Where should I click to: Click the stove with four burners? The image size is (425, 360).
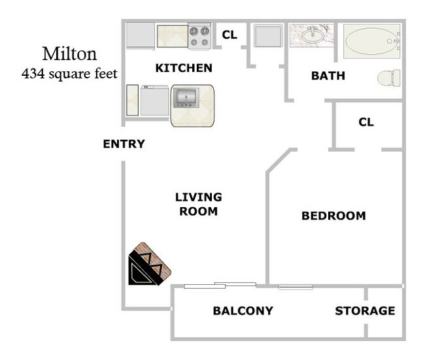click(x=199, y=36)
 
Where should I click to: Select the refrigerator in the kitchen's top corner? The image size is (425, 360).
click(x=139, y=35)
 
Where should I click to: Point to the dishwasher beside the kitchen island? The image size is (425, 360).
click(x=155, y=101)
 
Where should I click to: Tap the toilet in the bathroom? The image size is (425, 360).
click(x=389, y=78)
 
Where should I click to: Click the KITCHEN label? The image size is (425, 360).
click(x=183, y=68)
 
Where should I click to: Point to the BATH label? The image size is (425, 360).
click(x=328, y=76)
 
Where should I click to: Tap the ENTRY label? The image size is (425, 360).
click(x=124, y=144)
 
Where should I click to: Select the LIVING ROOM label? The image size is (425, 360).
click(x=198, y=204)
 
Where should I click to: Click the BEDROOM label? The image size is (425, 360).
click(x=333, y=216)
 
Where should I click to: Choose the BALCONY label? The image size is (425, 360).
click(x=243, y=311)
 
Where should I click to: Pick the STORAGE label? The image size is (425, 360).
click(x=365, y=311)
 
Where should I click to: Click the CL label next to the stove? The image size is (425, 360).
click(x=229, y=35)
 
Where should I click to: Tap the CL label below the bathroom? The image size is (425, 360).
click(x=366, y=122)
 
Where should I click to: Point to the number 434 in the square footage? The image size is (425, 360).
click(x=33, y=73)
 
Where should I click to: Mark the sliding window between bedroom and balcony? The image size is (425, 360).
click(x=295, y=287)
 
